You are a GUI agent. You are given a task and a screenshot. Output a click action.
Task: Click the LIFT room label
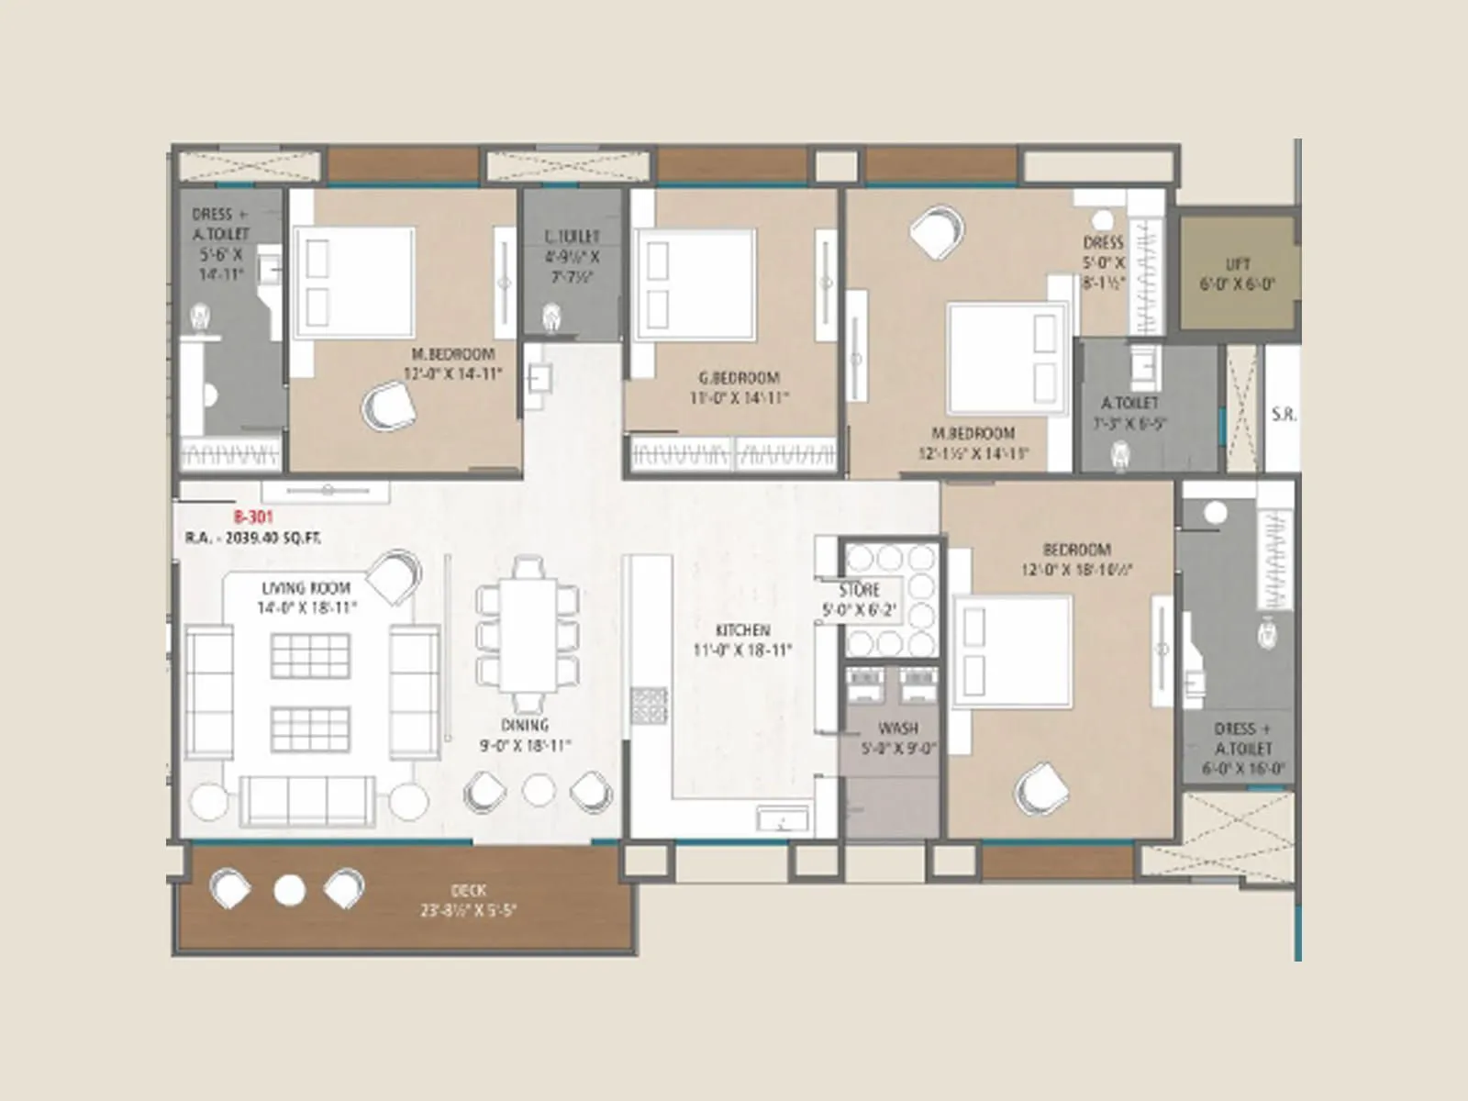[1238, 264]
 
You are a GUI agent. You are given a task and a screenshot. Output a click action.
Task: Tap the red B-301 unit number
[252, 517]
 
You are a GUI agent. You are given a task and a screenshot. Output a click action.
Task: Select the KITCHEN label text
[742, 630]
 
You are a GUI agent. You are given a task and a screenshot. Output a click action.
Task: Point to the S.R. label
[1284, 415]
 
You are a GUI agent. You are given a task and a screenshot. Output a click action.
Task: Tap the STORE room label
[859, 590]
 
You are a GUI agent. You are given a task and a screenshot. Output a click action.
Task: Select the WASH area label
[897, 728]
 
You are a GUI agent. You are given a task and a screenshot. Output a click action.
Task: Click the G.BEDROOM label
[739, 377]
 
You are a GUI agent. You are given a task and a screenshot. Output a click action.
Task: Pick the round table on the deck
[289, 889]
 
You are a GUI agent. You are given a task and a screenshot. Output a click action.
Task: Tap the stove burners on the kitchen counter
[648, 705]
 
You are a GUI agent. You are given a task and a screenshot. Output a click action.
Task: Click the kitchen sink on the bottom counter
[782, 818]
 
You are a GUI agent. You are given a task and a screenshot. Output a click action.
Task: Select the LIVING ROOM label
[306, 588]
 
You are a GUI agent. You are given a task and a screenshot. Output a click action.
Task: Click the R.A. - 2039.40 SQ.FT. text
[252, 539]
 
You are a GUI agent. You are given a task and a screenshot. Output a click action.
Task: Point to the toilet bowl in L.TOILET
[551, 317]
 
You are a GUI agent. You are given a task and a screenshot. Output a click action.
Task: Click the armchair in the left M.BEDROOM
[388, 405]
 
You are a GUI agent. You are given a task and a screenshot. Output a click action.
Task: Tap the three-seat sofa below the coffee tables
[307, 799]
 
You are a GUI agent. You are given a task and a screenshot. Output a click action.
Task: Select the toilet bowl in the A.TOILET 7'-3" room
[1120, 455]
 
